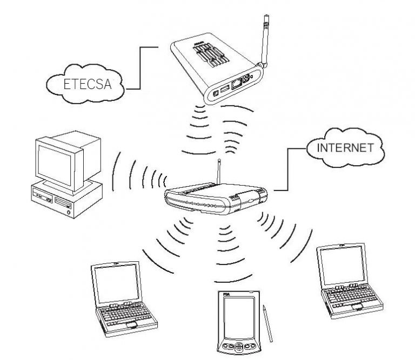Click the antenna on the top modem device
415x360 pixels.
pyautogui.click(x=264, y=38)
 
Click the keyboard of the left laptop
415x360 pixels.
pyautogui.click(x=123, y=313)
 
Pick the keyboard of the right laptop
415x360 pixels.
pyautogui.click(x=349, y=296)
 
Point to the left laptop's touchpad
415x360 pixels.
pyautogui.click(x=131, y=325)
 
